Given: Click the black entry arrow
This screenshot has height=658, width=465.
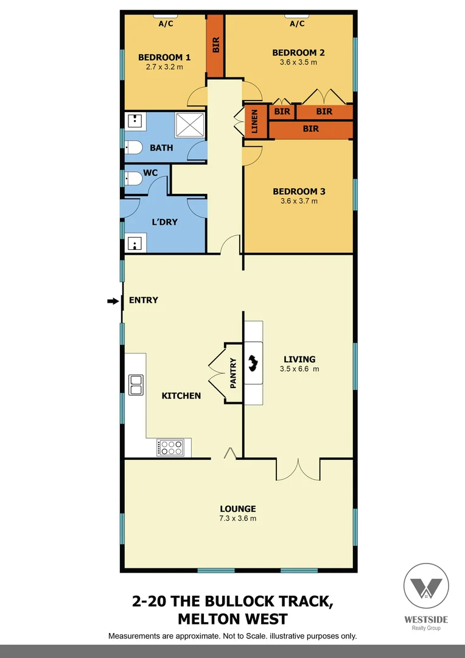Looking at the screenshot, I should [113, 300].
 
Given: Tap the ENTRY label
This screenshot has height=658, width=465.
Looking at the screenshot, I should [143, 300].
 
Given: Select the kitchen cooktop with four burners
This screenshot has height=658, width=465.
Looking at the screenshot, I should [170, 447].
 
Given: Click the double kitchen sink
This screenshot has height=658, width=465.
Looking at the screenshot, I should [135, 385].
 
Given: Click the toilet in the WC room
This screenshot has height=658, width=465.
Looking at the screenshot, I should [133, 178].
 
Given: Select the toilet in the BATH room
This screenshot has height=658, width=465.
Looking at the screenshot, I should [133, 147].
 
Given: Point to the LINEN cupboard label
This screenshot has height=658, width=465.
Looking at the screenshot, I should [255, 120].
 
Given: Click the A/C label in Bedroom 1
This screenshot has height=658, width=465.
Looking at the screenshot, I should [166, 24].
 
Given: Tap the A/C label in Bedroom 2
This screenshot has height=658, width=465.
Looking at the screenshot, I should [297, 24].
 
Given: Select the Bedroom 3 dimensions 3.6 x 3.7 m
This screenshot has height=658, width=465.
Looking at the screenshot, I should [299, 201].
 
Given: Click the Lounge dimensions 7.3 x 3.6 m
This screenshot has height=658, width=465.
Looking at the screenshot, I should [237, 518].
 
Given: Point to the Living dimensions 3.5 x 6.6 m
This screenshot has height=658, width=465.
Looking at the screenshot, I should [299, 369].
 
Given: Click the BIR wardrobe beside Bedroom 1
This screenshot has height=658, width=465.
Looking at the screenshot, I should [215, 44].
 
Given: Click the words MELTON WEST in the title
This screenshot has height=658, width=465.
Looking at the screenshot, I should [232, 620].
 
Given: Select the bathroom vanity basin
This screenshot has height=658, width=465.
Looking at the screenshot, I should [135, 121].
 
